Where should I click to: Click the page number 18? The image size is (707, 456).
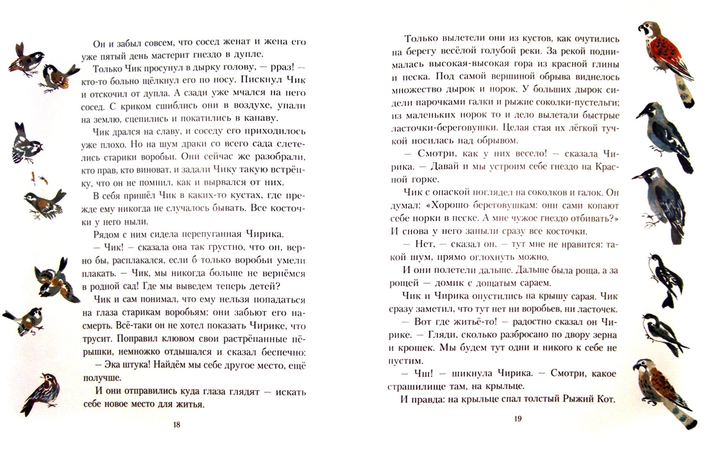coord(177,425)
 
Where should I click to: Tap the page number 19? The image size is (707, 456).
coord(518,419)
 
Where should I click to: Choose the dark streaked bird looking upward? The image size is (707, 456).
coord(41,394)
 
